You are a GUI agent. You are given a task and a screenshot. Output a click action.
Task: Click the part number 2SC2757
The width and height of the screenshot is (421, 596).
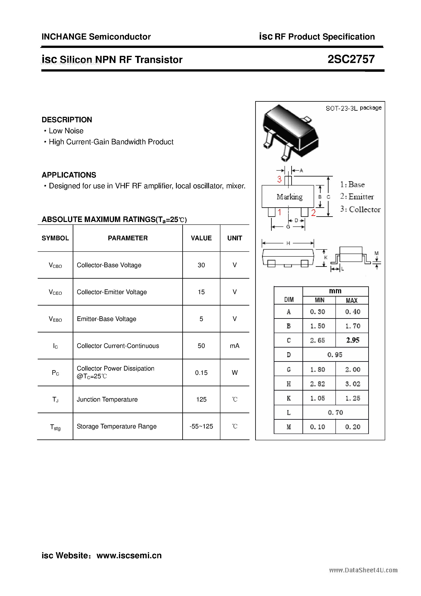click(x=351, y=60)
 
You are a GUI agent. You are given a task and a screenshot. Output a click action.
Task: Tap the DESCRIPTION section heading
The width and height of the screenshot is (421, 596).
click(x=67, y=120)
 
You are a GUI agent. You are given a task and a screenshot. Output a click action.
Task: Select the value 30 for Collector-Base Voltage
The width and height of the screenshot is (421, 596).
click(x=201, y=265)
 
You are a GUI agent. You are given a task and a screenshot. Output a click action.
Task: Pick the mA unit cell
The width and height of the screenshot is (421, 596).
click(x=234, y=346)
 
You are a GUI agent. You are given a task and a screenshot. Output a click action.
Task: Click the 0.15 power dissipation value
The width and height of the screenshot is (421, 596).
click(x=201, y=373)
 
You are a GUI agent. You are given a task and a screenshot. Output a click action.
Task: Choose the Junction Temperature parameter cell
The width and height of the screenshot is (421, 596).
click(x=107, y=400)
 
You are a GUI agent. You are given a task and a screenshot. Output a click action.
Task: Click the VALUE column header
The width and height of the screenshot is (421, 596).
click(x=201, y=238)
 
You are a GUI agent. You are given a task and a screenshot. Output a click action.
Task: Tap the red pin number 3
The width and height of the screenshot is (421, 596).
click(x=279, y=179)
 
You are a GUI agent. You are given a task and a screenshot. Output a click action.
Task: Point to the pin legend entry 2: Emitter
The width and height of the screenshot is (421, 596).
click(x=357, y=197)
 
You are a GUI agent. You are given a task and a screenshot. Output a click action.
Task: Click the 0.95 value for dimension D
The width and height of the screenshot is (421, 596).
click(x=335, y=355)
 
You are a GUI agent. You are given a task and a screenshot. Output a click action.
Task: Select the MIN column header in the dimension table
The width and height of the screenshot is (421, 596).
click(x=319, y=300)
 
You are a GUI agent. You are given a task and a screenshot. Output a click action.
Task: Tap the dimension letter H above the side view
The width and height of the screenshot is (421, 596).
click(x=288, y=243)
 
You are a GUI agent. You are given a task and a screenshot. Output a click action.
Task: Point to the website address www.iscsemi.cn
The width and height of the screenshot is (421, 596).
click(x=129, y=555)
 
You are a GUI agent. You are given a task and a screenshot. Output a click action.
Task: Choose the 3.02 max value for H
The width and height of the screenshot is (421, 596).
click(x=353, y=384)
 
